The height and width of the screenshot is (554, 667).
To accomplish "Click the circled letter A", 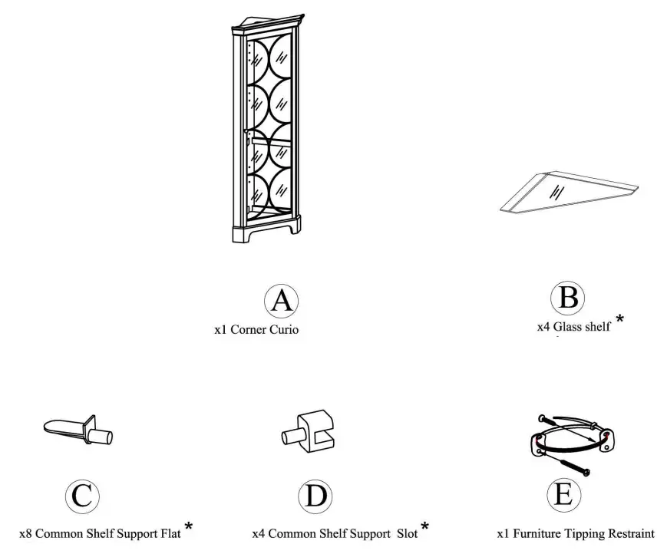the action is point(281,301).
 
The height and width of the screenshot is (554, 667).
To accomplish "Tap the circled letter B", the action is point(567,298).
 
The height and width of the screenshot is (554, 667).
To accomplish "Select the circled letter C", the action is point(82,496).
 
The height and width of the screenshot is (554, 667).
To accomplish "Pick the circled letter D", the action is point(315,496).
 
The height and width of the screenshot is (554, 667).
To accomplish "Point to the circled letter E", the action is point(564,494).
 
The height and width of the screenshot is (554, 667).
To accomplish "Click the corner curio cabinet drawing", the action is point(267,129).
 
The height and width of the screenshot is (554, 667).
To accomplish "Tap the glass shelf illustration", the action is point(570,192).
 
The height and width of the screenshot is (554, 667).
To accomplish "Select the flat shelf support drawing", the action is point(78,430).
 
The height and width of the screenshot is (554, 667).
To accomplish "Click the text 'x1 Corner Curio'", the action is point(256,330).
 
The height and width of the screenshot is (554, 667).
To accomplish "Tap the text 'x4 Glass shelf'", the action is point(573,327).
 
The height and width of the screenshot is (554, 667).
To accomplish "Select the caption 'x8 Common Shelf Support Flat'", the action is point(100,533).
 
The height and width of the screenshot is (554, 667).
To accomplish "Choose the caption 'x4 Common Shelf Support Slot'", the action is point(335,533).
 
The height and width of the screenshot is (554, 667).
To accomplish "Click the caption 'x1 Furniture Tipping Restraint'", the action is point(576,533).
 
